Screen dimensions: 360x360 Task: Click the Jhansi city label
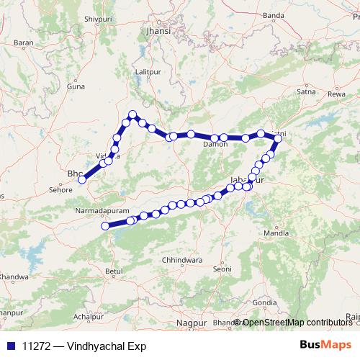point(158,32)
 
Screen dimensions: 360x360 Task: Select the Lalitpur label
point(146,72)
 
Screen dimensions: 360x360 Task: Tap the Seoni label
point(222,269)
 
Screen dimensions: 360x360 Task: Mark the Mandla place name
point(276,233)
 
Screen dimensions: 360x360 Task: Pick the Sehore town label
point(60,190)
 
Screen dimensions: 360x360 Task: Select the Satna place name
point(306,91)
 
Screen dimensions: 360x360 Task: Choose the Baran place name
point(24,43)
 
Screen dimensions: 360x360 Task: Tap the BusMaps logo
point(326,346)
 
